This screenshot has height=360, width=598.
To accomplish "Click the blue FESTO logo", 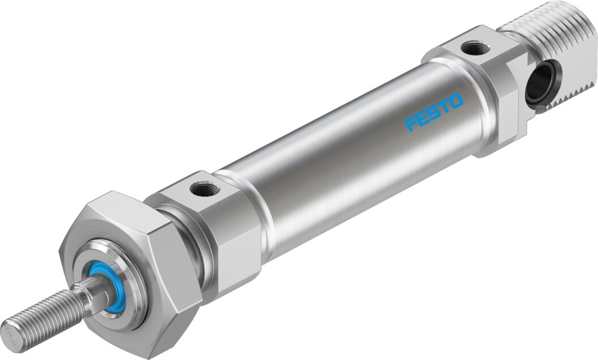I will pyautogui.click(x=434, y=112).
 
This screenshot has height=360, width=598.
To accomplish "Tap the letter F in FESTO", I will pyautogui.click(x=411, y=123).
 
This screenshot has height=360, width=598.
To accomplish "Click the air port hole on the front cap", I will pyautogui.click(x=205, y=188).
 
